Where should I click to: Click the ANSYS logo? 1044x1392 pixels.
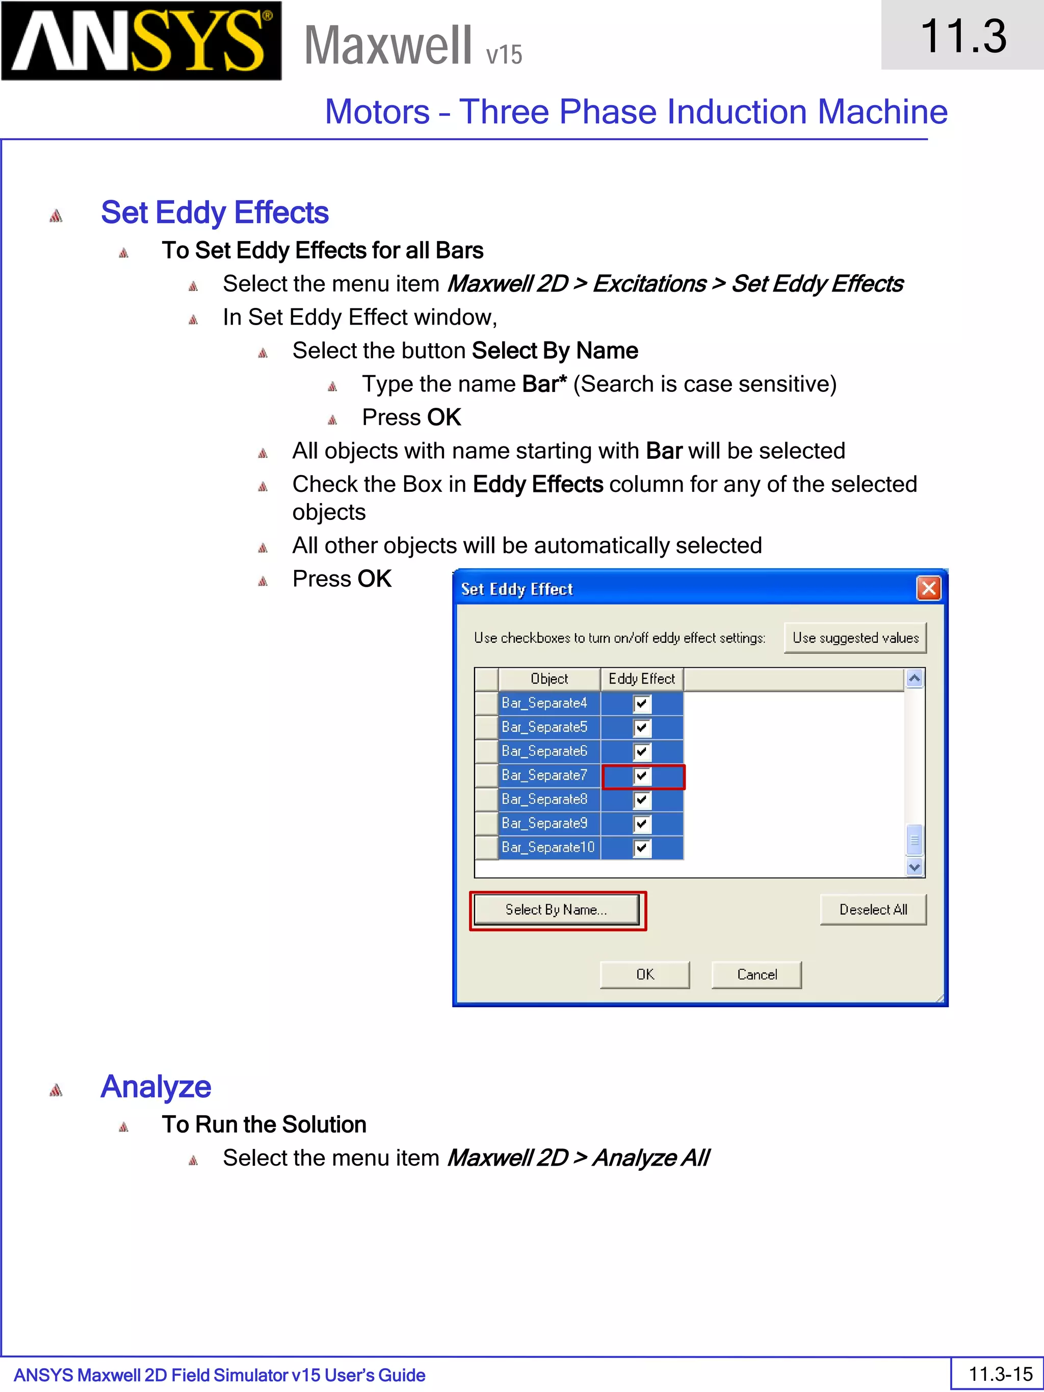[141, 41]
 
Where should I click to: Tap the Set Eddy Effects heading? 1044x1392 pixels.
[215, 213]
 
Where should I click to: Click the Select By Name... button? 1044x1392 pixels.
[556, 909]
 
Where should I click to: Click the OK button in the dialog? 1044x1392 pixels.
[644, 974]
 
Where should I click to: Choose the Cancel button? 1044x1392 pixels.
[756, 974]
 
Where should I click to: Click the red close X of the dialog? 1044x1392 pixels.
[928, 588]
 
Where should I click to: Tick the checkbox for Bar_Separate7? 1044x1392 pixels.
[641, 776]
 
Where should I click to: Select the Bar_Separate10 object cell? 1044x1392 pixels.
[549, 848]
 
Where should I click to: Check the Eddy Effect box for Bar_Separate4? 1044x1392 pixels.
[641, 703]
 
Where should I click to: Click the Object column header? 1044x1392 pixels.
[549, 679]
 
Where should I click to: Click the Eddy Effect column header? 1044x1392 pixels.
[641, 679]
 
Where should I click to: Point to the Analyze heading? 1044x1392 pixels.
[155, 1087]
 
